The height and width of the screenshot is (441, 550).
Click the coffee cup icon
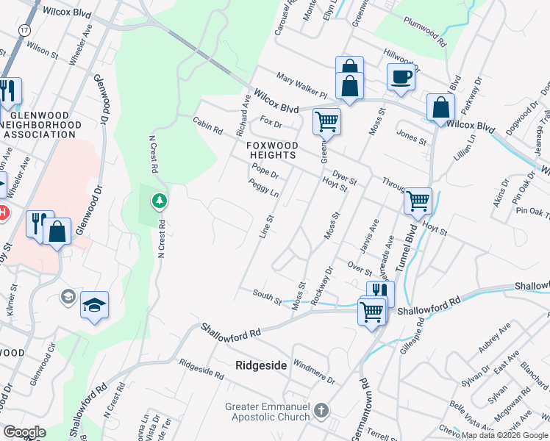coord(401,76)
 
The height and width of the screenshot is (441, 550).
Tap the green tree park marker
coord(159,200)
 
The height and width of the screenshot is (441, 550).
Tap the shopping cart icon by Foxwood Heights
coord(326,121)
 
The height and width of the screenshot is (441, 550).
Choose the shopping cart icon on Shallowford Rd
coord(371,311)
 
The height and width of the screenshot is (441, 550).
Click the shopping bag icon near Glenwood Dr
coord(57,231)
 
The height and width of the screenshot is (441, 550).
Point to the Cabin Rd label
coord(207,125)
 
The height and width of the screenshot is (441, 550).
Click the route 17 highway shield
coord(25,29)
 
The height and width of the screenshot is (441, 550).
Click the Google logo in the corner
coord(24,432)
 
